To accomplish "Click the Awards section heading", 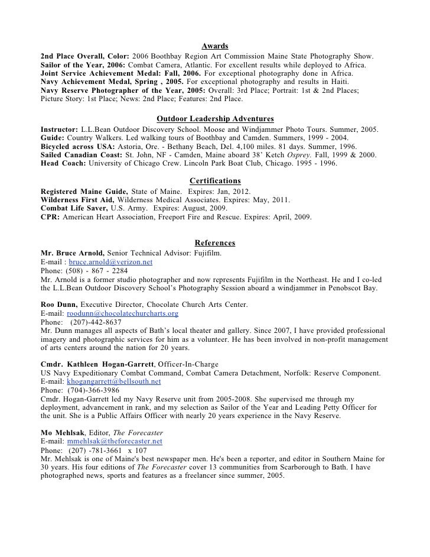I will click(x=215, y=46).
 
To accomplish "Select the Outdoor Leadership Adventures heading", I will click(x=215, y=117).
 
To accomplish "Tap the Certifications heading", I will click(x=215, y=180).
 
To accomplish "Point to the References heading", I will click(x=215, y=243).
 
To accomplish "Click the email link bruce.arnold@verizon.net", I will click(x=111, y=261).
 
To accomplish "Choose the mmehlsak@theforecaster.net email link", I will click(x=115, y=441).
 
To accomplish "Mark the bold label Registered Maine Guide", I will click(x=84, y=192).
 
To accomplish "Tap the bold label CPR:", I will click(x=50, y=217).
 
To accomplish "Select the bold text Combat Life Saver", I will click(x=74, y=209).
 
